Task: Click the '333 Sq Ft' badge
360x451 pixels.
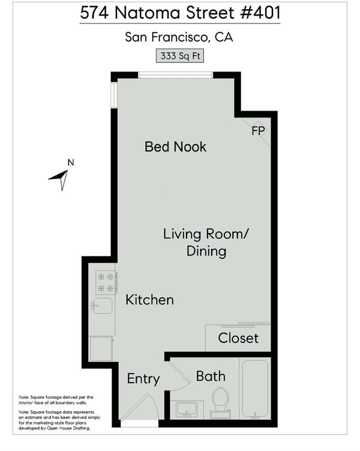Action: click(180, 56)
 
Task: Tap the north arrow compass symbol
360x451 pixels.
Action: click(61, 178)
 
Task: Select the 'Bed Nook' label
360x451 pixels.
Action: click(175, 147)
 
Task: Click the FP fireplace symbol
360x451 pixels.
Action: click(258, 131)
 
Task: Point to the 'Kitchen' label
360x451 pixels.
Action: click(149, 300)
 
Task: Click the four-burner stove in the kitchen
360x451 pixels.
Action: click(106, 282)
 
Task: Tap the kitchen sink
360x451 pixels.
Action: click(102, 306)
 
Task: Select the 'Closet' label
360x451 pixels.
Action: click(238, 338)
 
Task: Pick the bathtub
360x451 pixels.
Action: click(255, 389)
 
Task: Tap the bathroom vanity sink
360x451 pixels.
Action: click(187, 410)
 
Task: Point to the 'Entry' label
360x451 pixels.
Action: click(143, 379)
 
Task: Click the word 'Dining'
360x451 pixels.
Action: click(206, 251)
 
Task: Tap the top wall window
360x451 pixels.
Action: click(176, 75)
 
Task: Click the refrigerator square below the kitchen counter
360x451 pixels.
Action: click(101, 348)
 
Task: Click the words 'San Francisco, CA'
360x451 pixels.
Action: click(179, 37)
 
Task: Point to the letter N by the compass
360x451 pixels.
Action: click(71, 163)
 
